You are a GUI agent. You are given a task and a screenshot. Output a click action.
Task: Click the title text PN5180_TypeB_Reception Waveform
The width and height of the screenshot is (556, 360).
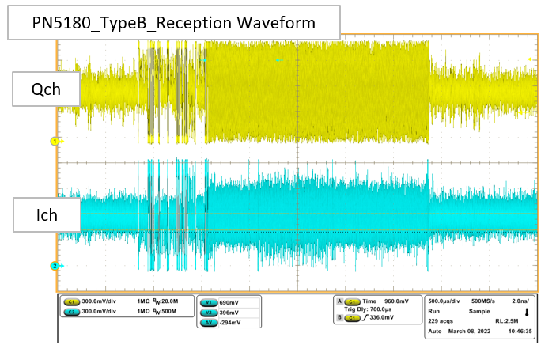[173, 23]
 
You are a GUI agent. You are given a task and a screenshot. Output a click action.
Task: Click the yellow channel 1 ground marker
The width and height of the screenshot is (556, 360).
[55, 141]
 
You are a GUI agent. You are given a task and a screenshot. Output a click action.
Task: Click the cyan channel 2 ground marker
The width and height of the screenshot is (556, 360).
[55, 266]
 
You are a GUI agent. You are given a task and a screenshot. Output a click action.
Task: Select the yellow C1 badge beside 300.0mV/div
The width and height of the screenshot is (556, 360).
[71, 301]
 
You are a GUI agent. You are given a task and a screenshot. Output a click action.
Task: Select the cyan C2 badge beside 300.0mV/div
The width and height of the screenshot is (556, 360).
[71, 311]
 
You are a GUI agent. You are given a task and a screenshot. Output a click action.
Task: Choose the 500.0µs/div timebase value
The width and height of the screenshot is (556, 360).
[447, 301]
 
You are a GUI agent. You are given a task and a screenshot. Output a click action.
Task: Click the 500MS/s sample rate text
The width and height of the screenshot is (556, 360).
[485, 301]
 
